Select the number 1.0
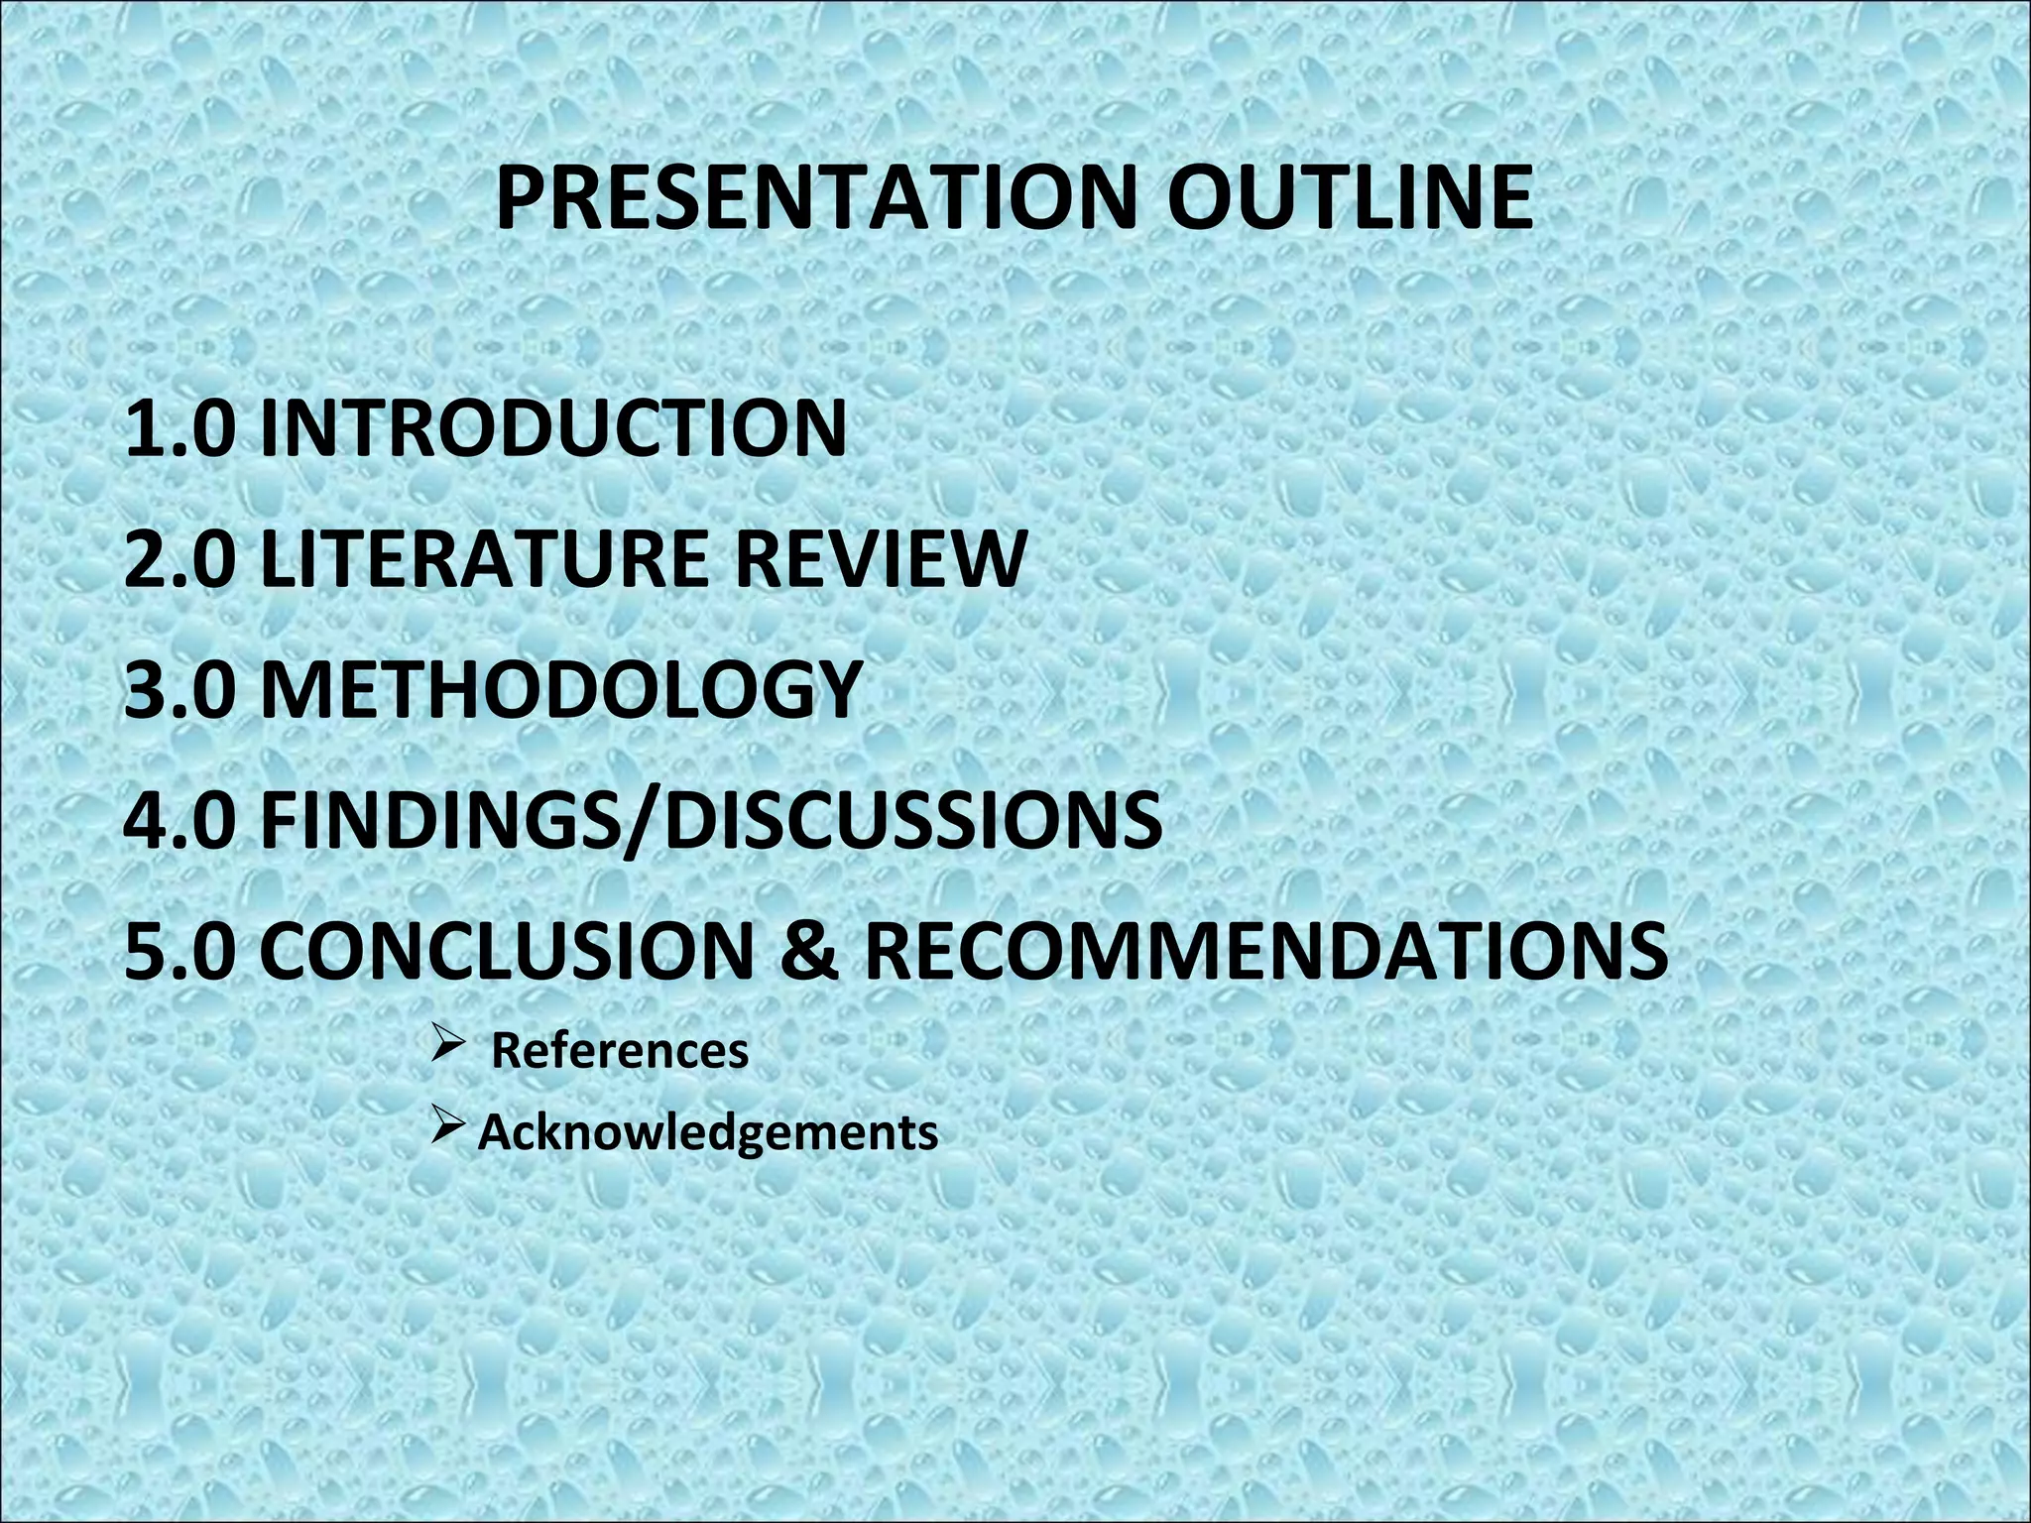pyautogui.click(x=180, y=428)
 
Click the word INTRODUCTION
pyautogui.click(x=553, y=428)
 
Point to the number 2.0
pyautogui.click(x=180, y=558)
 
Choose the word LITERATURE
pyautogui.click(x=484, y=558)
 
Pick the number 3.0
pyautogui.click(x=180, y=688)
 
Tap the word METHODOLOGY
pyautogui.click(x=559, y=688)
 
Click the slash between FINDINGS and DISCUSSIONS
pyautogui.click(x=639, y=821)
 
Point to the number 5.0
pyautogui.click(x=180, y=949)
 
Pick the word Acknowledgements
pyautogui.click(x=708, y=1132)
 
